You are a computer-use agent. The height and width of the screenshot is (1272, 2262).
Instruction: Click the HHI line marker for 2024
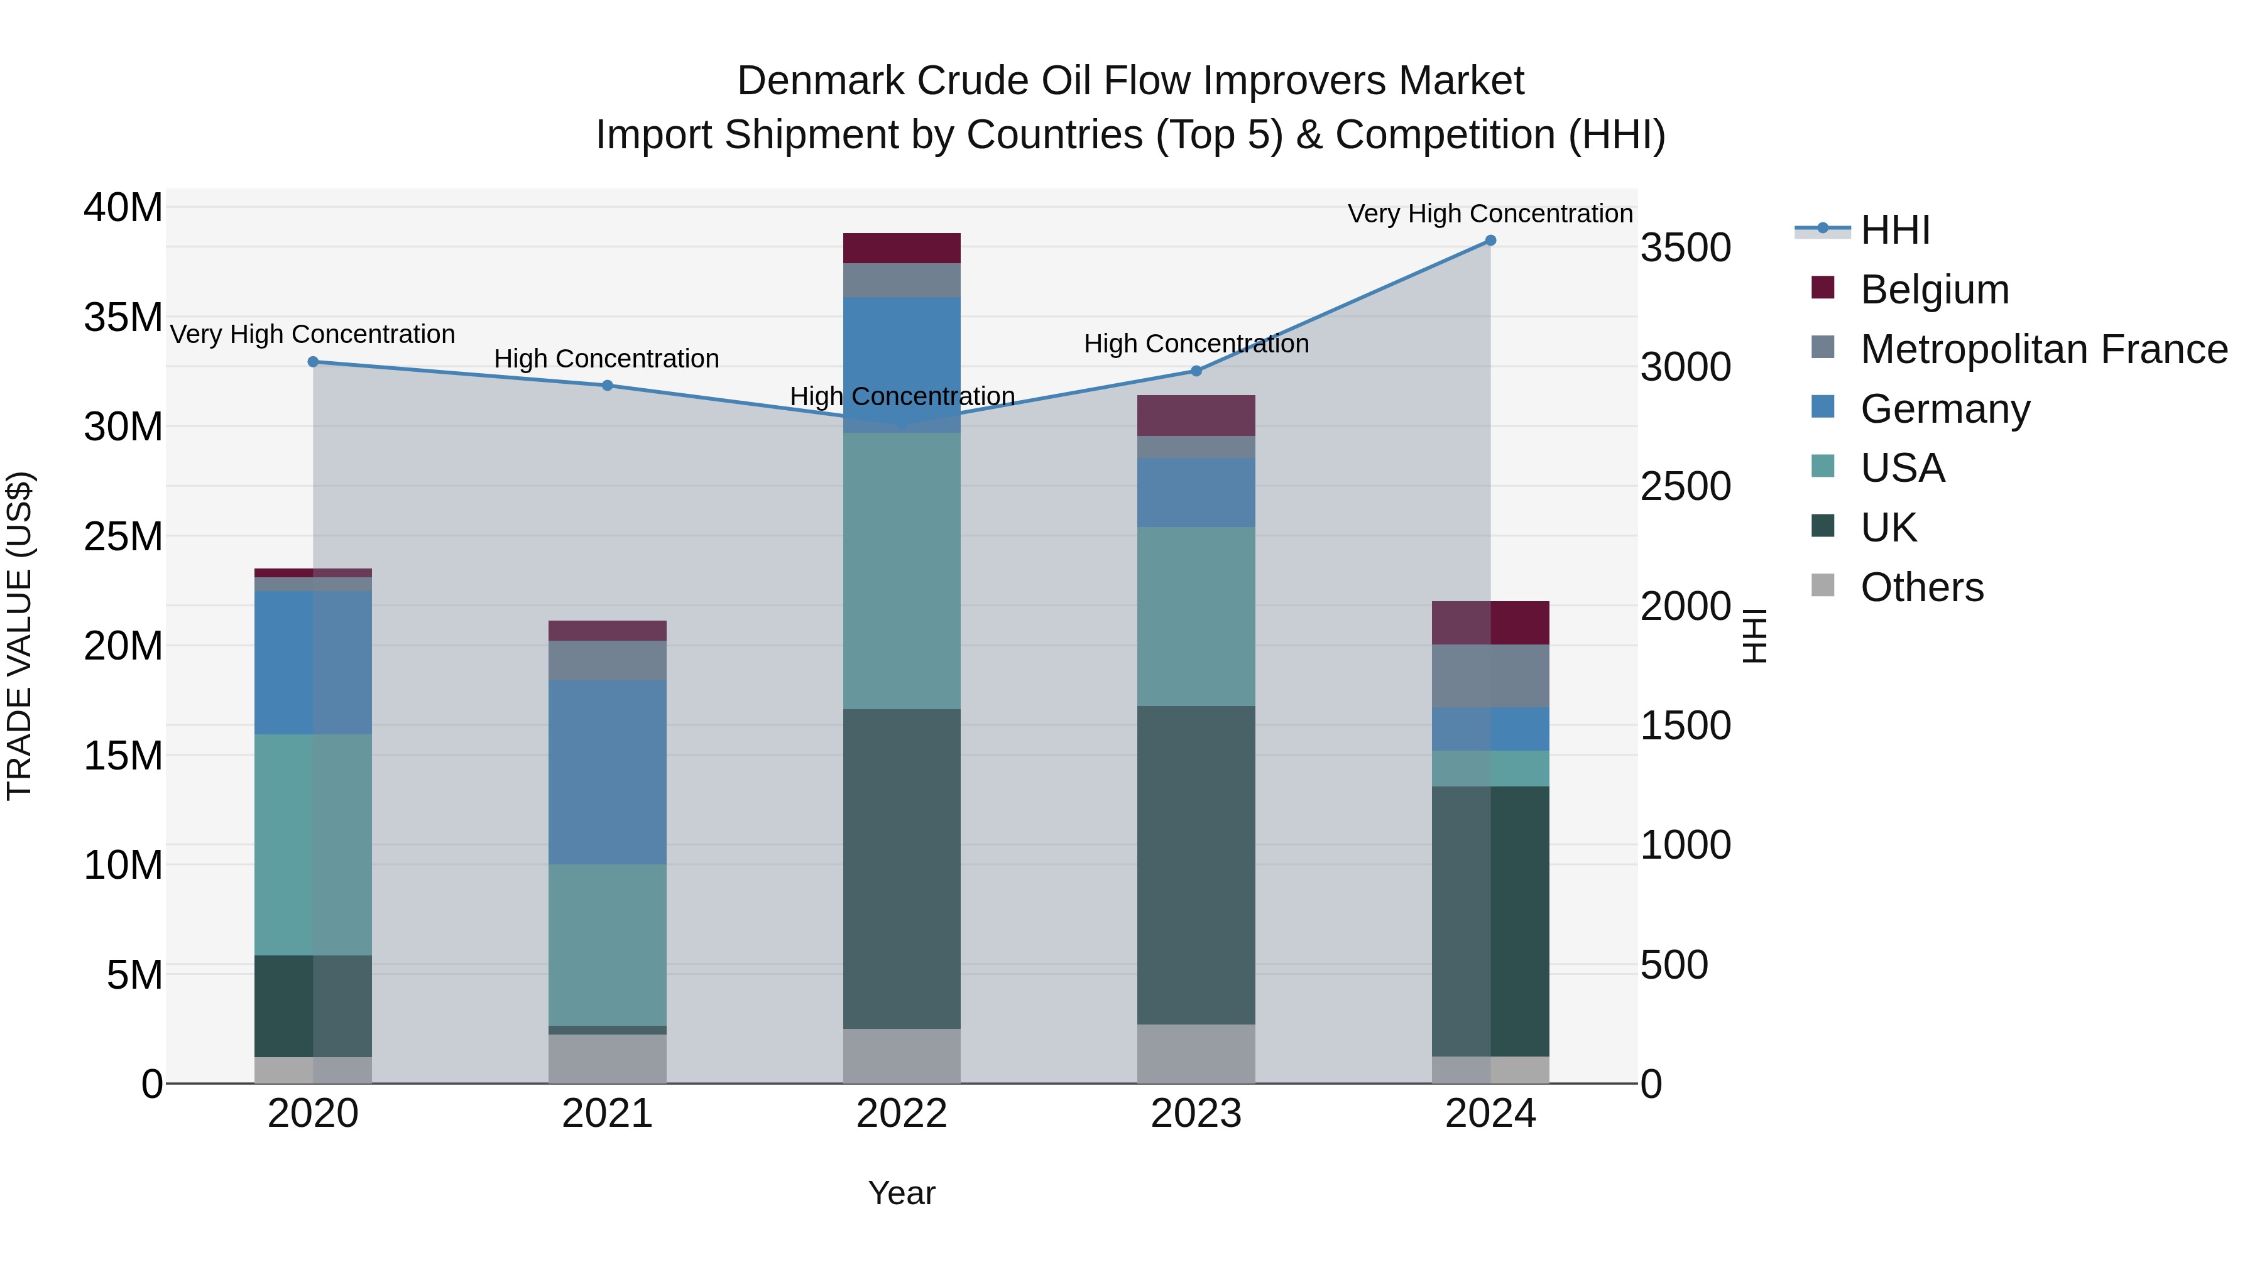tap(1490, 241)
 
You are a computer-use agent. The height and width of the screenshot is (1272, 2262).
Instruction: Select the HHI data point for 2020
tap(314, 362)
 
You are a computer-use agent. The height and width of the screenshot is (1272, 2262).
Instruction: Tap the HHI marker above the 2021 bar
tap(607, 386)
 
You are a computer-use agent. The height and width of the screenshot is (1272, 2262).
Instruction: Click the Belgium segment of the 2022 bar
tap(902, 248)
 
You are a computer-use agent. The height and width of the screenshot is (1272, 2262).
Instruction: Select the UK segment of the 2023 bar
tap(1196, 865)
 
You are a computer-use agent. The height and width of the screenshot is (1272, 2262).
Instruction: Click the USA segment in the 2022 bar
tap(902, 570)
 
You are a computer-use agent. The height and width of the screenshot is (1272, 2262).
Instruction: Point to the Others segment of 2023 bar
tap(1196, 1053)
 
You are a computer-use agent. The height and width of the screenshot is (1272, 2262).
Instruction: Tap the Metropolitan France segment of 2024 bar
tap(1490, 676)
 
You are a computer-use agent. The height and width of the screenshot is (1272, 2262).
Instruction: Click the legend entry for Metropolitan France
tap(2043, 349)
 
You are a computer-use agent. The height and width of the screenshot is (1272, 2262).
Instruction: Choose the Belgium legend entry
tap(1935, 290)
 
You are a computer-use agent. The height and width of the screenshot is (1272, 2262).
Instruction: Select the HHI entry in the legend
tap(1895, 230)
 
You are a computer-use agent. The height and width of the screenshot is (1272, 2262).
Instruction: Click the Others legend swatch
tap(1823, 585)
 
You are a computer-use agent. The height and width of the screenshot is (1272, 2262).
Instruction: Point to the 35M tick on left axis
tap(123, 317)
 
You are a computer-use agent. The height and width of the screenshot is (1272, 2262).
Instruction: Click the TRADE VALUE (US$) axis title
tap(19, 636)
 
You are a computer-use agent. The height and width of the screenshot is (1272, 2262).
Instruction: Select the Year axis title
tap(902, 1193)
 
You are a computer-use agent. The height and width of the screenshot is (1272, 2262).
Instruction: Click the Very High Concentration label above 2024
tap(1490, 214)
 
